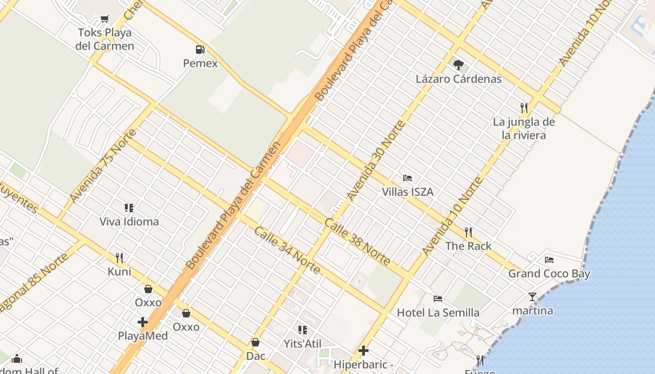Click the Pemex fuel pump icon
[x=200, y=49]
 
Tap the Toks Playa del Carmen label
[x=105, y=39]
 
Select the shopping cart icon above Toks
[x=105, y=19]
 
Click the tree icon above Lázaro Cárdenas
[x=458, y=65]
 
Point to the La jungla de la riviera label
[x=524, y=129]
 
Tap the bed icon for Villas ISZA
[x=408, y=178]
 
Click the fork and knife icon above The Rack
[x=468, y=232]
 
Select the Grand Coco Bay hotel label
[x=549, y=273]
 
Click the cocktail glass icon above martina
[x=532, y=296]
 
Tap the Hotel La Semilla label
[x=438, y=312]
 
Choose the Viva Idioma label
[x=129, y=221]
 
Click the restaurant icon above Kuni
[x=119, y=258]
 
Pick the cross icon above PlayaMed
[x=143, y=322]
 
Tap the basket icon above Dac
[x=255, y=342]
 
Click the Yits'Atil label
[x=302, y=344]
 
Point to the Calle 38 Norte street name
[x=357, y=241]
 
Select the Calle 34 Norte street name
[x=287, y=251]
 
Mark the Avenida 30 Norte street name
[x=376, y=160]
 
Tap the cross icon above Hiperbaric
[x=364, y=350]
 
